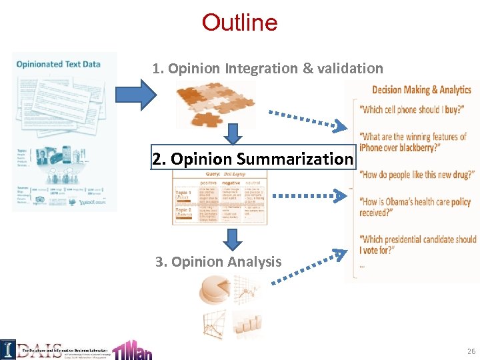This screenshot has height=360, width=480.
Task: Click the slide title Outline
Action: tap(239, 23)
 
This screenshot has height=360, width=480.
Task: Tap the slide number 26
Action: tap(471, 351)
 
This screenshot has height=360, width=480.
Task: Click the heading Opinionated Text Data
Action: tap(59, 64)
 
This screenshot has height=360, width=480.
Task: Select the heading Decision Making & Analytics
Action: tap(421, 90)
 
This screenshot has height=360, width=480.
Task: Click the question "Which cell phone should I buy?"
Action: tap(411, 110)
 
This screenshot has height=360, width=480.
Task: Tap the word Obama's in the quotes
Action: tap(414, 202)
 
